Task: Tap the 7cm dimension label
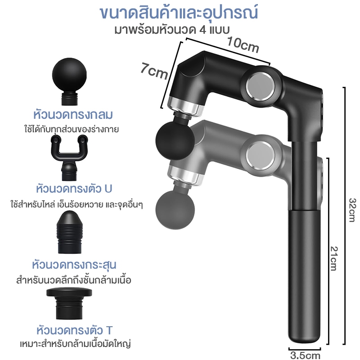(154, 71)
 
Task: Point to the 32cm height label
(352, 210)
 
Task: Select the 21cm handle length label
(334, 258)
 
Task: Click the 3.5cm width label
(305, 355)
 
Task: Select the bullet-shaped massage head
(69, 232)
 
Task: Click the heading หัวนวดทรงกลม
(73, 115)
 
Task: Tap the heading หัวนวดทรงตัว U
(74, 189)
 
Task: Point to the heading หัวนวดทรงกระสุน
(74, 264)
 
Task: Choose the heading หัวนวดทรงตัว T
(75, 330)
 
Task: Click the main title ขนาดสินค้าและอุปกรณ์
(179, 13)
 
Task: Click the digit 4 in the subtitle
(202, 30)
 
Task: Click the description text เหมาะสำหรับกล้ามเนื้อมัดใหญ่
(76, 344)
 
